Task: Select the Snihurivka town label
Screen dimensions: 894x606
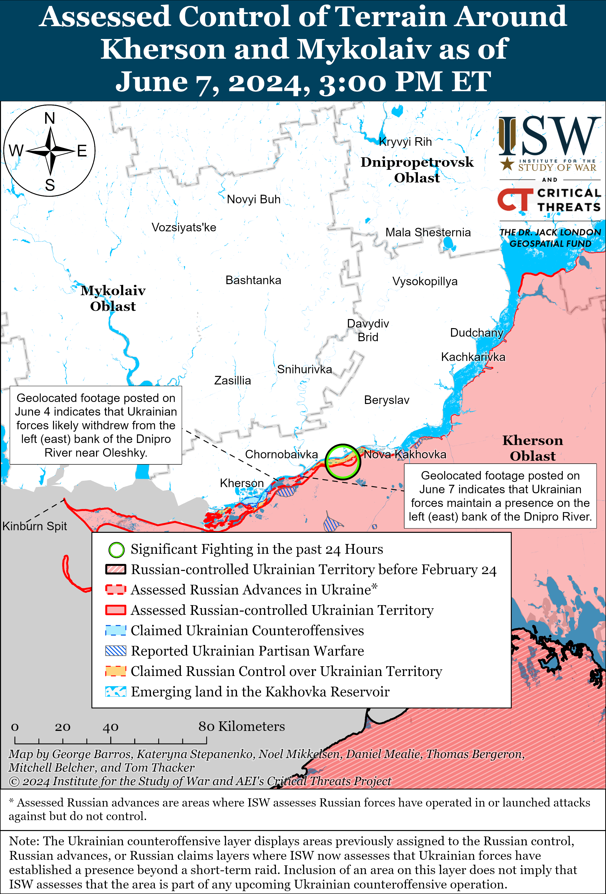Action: pyautogui.click(x=304, y=369)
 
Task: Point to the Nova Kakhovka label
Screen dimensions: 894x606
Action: pyautogui.click(x=405, y=454)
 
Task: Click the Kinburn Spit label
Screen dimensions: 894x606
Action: pyautogui.click(x=35, y=526)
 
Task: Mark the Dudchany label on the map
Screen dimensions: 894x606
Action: pyautogui.click(x=476, y=332)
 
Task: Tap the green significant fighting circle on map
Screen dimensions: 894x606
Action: pyautogui.click(x=343, y=461)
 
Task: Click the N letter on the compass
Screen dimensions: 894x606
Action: pyautogui.click(x=50, y=118)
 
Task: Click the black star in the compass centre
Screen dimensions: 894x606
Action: pyautogui.click(x=50, y=151)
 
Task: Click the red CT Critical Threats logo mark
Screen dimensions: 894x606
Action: pyautogui.click(x=515, y=199)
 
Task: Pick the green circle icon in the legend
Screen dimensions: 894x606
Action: pyautogui.click(x=116, y=550)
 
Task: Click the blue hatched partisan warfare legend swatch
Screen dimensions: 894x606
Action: pyautogui.click(x=116, y=651)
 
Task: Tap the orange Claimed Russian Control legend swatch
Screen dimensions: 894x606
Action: pyautogui.click(x=116, y=671)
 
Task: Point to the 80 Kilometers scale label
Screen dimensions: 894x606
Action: pyautogui.click(x=241, y=726)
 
